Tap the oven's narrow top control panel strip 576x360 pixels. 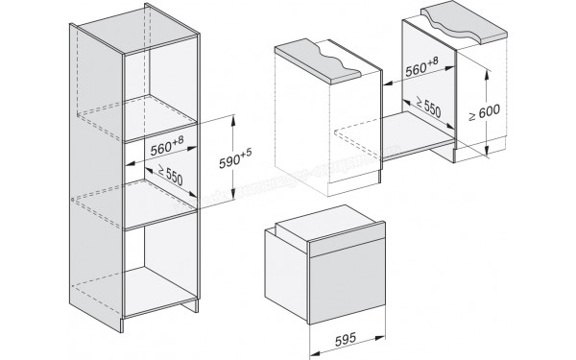click(x=336, y=238)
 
